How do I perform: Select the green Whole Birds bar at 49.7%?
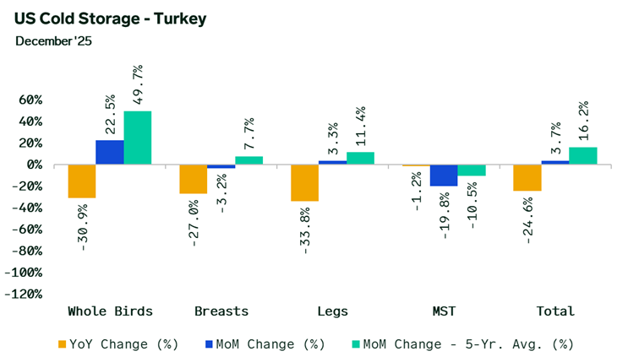click(138, 138)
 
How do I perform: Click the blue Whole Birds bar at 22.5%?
click(110, 152)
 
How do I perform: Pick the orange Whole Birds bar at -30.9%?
click(82, 181)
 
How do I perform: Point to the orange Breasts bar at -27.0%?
click(194, 179)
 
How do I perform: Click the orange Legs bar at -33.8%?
click(304, 183)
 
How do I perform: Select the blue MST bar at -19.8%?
click(444, 175)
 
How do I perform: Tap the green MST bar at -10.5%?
click(472, 170)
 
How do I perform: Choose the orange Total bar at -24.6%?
click(527, 177)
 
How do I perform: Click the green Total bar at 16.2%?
click(583, 155)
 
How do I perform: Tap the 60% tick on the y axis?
click(30, 100)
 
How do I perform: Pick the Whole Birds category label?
click(110, 311)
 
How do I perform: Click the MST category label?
click(444, 311)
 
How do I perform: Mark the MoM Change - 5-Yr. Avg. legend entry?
click(464, 343)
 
